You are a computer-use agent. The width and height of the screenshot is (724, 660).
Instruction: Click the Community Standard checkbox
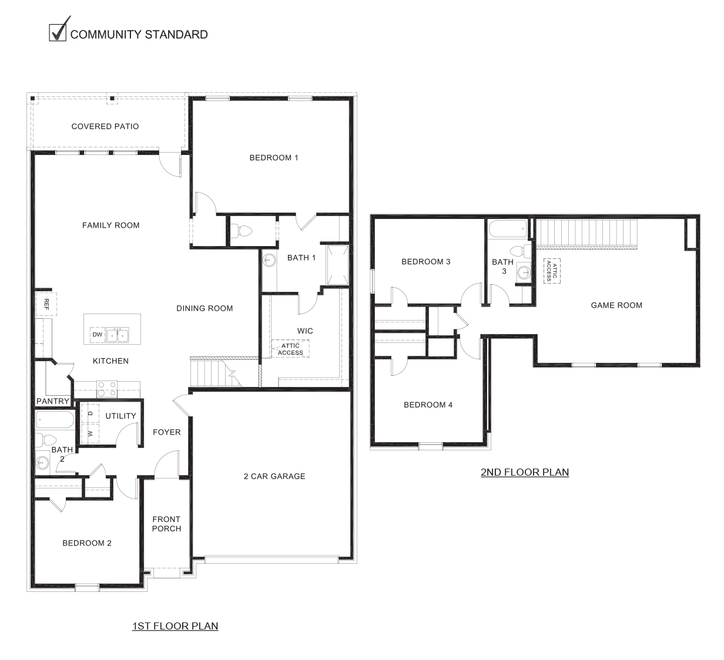pyautogui.click(x=58, y=32)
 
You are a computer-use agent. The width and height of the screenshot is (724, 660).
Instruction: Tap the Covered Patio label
pyautogui.click(x=105, y=126)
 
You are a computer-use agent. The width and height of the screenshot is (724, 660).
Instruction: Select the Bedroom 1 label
pyautogui.click(x=274, y=157)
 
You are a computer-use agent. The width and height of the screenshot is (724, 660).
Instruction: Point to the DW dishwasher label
pyautogui.click(x=97, y=335)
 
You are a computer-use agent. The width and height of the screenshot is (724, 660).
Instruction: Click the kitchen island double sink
pyautogui.click(x=117, y=335)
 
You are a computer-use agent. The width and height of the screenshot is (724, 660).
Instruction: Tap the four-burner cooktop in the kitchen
pyautogui.click(x=106, y=389)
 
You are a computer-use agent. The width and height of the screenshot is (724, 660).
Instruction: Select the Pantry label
pyautogui.click(x=53, y=402)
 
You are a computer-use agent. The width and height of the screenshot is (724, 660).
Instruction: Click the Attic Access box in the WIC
pyautogui.click(x=290, y=349)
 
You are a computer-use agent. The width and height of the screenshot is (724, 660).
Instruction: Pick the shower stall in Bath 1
pyautogui.click(x=337, y=264)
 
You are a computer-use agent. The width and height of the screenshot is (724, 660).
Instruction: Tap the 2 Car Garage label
pyautogui.click(x=274, y=476)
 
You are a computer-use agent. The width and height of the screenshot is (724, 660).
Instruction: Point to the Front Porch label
pyautogui.click(x=166, y=524)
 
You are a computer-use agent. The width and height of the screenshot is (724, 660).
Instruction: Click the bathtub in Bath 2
pyautogui.click(x=55, y=420)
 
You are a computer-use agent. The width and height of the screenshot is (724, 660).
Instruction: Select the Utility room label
pyautogui.click(x=120, y=416)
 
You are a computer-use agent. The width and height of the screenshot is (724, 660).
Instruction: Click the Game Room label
pyautogui.click(x=616, y=305)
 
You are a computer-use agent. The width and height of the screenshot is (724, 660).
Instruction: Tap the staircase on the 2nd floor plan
pyautogui.click(x=588, y=233)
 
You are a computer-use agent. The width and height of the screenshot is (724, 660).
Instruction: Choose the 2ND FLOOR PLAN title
pyautogui.click(x=525, y=472)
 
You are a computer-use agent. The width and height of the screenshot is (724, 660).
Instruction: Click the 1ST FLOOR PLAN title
pyautogui.click(x=175, y=626)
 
